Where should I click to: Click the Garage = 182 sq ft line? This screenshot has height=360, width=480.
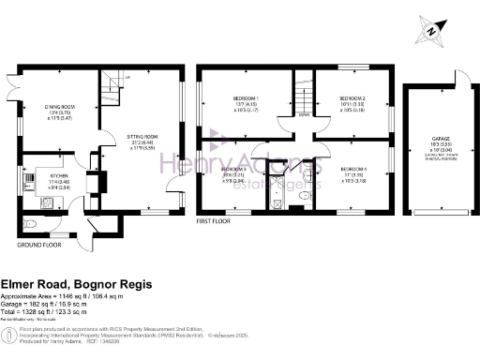pyautogui.click(x=57, y=301)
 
